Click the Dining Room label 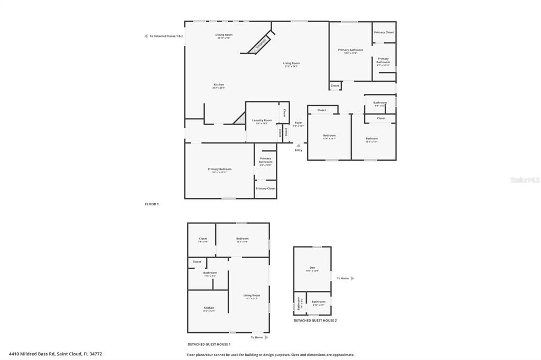(x=223, y=35)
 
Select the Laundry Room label (x=262, y=120)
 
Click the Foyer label (x=299, y=123)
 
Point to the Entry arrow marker (x=299, y=146)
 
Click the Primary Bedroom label (x=219, y=169)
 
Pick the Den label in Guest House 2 (x=312, y=268)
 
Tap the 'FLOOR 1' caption (x=152, y=204)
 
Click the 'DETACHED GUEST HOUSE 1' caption (x=209, y=344)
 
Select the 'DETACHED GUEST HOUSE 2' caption (x=315, y=320)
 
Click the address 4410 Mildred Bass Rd (x=55, y=354)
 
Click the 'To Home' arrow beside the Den (x=352, y=278)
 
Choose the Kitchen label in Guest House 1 (x=209, y=308)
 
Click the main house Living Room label (x=291, y=63)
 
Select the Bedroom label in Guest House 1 (x=242, y=239)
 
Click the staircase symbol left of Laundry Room (x=239, y=119)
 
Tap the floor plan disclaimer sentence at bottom (x=270, y=355)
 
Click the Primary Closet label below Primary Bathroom (x=265, y=188)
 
